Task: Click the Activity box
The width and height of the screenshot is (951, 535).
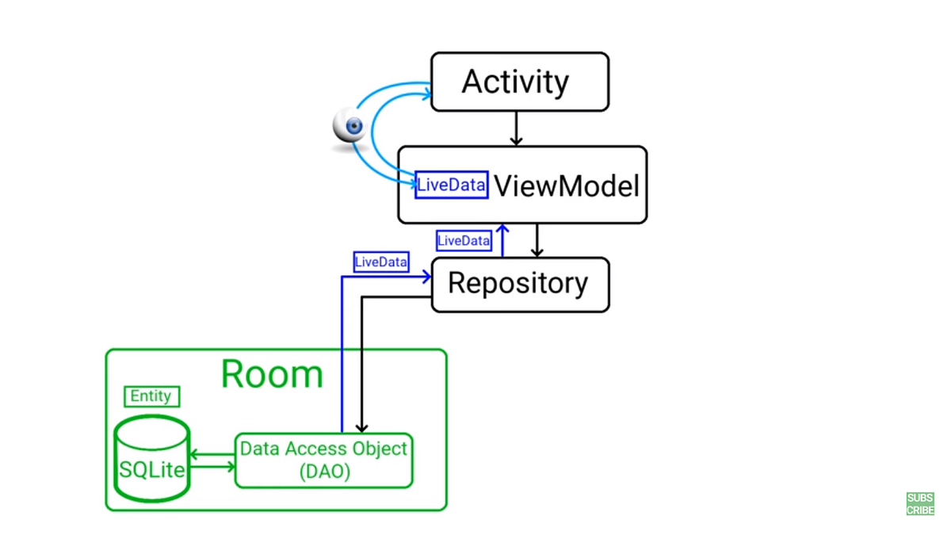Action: click(519, 82)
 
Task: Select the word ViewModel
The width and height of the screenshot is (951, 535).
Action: click(567, 186)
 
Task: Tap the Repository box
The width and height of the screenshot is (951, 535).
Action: click(520, 284)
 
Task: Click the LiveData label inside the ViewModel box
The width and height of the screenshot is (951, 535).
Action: click(451, 185)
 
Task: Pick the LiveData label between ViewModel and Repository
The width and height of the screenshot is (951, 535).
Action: click(464, 240)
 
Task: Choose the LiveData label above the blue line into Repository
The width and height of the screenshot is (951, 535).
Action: click(381, 262)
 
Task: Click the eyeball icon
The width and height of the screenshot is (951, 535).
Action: click(349, 127)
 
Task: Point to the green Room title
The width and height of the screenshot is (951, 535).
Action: click(272, 374)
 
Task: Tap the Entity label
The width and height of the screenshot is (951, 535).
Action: click(151, 396)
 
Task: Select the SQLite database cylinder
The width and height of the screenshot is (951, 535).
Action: click(152, 460)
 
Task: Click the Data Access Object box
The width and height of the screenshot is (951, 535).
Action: click(324, 460)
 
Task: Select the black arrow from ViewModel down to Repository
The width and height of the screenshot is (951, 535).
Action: click(537, 240)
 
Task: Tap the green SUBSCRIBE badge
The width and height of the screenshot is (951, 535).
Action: click(920, 504)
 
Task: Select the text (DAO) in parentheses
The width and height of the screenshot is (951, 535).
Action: click(324, 471)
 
